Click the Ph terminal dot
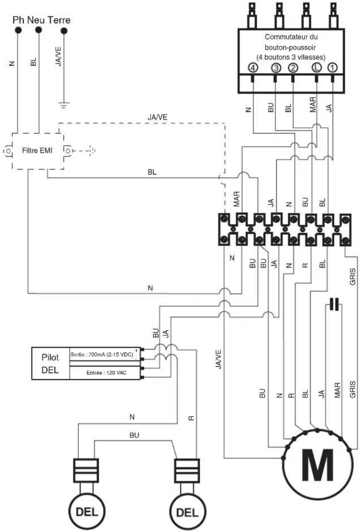click(18, 30)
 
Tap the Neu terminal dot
click(38, 30)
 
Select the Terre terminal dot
click(64, 31)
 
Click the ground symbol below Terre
click(64, 105)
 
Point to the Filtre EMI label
click(37, 151)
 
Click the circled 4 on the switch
click(253, 68)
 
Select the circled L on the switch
click(316, 68)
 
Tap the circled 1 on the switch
click(332, 68)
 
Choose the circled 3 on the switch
click(276, 68)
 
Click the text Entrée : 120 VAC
click(106, 373)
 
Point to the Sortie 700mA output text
click(102, 355)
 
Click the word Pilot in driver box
click(50, 357)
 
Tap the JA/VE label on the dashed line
click(157, 117)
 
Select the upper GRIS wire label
click(353, 276)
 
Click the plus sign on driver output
click(136, 350)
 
